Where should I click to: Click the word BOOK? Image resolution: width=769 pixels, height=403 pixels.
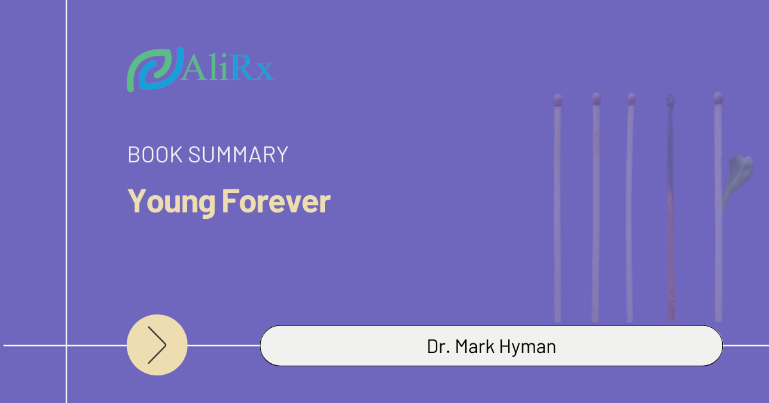(x=155, y=155)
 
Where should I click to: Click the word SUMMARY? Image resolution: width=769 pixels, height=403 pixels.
(x=238, y=155)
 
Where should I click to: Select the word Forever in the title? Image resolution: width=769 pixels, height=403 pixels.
(x=276, y=201)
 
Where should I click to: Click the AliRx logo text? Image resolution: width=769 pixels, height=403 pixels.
(x=227, y=68)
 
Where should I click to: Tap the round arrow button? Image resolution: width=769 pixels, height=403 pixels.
(x=157, y=345)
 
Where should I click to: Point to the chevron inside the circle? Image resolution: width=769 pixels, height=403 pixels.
(x=157, y=345)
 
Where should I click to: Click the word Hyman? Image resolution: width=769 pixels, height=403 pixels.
(x=527, y=347)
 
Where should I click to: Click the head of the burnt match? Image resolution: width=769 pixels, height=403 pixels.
(x=670, y=100)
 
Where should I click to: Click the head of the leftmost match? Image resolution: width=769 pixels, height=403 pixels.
(x=558, y=99)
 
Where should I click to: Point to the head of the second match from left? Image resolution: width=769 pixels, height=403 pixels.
(x=597, y=99)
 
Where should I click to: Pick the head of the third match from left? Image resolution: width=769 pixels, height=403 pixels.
(x=631, y=99)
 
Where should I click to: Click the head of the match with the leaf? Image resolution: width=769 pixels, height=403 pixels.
(x=718, y=98)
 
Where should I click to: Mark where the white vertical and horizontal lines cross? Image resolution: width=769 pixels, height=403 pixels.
(x=67, y=345)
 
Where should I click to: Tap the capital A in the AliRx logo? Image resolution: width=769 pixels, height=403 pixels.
(x=194, y=68)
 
